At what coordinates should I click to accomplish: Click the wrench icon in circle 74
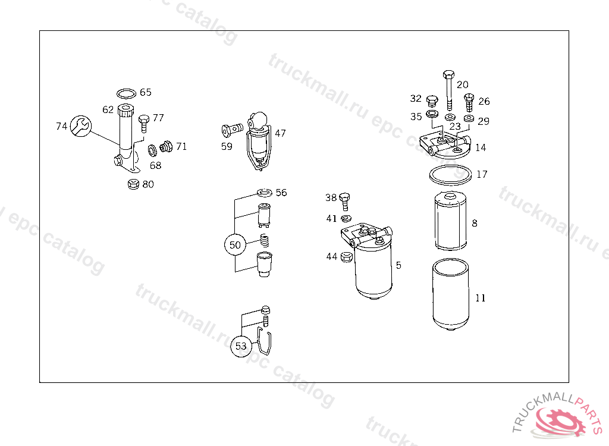click(81, 126)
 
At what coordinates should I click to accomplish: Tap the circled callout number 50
click(235, 245)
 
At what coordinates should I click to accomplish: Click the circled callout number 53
click(241, 346)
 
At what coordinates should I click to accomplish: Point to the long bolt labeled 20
click(448, 91)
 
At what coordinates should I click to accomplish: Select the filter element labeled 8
click(451, 221)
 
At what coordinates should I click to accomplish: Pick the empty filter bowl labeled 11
click(451, 294)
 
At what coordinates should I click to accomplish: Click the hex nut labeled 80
click(133, 184)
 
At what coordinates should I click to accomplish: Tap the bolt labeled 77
click(144, 124)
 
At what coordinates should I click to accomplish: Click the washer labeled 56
click(265, 193)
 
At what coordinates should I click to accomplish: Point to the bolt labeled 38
click(344, 201)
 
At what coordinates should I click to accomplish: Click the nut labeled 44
click(347, 257)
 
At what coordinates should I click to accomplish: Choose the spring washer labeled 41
click(346, 218)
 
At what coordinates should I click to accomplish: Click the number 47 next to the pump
click(280, 133)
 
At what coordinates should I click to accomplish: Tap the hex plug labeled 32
click(432, 102)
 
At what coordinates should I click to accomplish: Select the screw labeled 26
click(469, 102)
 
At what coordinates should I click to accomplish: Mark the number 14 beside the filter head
click(481, 147)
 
